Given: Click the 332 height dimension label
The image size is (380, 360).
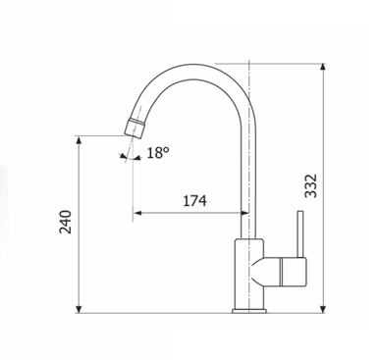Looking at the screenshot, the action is point(310,186).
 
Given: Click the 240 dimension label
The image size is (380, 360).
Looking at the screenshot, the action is point(65,222).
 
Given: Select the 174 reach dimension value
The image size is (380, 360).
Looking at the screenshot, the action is point(194,201).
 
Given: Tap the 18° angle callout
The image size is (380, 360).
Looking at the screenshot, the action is point(158,153).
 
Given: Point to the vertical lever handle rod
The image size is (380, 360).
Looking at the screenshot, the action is point(299,234).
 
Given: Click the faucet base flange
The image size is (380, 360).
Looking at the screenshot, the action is point(249,311).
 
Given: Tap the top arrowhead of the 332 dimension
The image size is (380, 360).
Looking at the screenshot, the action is point(323,67).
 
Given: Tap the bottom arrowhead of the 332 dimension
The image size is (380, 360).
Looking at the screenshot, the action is point(323,309).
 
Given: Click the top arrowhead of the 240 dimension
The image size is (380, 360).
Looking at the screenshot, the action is point(79,140).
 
